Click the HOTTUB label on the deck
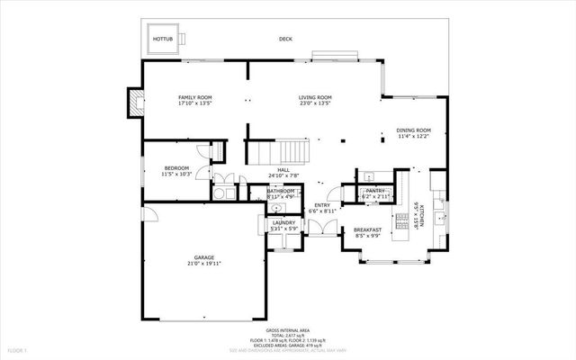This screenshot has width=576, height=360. click(x=162, y=40)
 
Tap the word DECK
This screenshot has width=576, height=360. click(x=286, y=40)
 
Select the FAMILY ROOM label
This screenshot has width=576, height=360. click(x=194, y=97)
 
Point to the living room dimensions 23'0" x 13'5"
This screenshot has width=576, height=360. click(x=315, y=104)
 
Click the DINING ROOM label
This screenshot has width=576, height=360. click(x=413, y=130)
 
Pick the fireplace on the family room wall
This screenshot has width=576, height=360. click(x=136, y=103)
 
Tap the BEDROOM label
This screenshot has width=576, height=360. click(x=176, y=167)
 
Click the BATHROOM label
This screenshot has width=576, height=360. click(x=281, y=191)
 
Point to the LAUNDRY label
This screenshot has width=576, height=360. click(x=284, y=222)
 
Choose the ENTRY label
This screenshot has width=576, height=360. click(x=321, y=205)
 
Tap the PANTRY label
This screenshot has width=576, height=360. click(x=374, y=191)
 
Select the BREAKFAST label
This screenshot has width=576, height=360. click(x=367, y=230)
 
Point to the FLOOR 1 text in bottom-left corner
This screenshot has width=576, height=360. click(x=18, y=349)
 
